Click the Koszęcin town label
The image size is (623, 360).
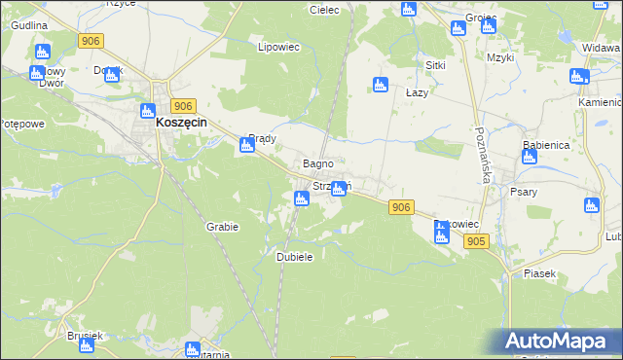(186, 124)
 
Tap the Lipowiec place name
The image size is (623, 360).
(275, 47)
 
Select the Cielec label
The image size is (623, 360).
(323, 10)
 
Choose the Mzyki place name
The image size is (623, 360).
(500, 58)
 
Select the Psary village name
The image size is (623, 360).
(524, 192)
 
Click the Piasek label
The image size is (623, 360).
(539, 273)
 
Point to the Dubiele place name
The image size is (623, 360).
(294, 257)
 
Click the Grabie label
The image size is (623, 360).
(222, 227)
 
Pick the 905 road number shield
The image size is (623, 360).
(476, 241)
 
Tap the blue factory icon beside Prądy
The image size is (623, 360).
(247, 146)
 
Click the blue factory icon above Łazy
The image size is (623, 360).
(381, 85)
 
